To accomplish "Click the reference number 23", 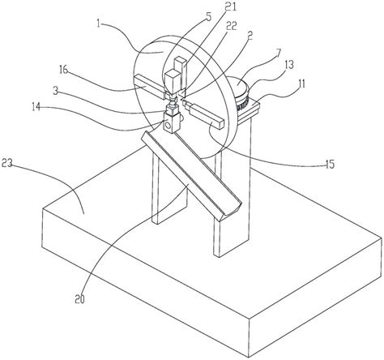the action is (x=7, y=163).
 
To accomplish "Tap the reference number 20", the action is (x=80, y=299).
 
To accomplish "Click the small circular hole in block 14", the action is (x=168, y=126).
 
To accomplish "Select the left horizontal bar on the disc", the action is (x=149, y=87).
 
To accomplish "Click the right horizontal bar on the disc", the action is (x=204, y=114).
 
